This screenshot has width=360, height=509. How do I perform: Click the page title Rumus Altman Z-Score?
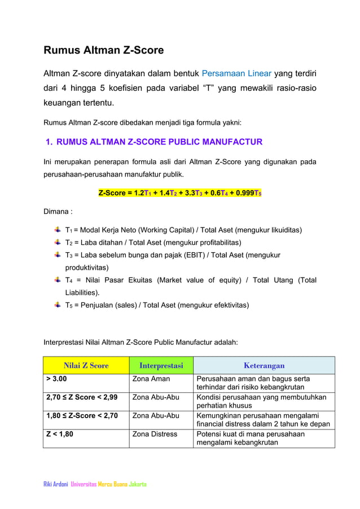coord(104,50)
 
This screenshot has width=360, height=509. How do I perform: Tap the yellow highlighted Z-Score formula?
coord(179,193)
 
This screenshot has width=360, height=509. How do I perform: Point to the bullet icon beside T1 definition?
coord(58,230)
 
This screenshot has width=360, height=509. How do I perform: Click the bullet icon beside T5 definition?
coord(58,305)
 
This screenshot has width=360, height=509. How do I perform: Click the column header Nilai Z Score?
coord(86,365)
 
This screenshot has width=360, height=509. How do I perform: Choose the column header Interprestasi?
coord(161,365)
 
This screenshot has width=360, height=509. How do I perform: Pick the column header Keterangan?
coord(264,365)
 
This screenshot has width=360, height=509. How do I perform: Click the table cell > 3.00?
coord(57,379)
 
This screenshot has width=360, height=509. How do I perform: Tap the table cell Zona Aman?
coord(151,379)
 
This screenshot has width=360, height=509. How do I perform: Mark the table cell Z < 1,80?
coord(59,435)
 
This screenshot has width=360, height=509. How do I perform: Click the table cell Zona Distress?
coord(154,435)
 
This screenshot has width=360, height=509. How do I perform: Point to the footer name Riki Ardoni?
coord(56,484)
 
